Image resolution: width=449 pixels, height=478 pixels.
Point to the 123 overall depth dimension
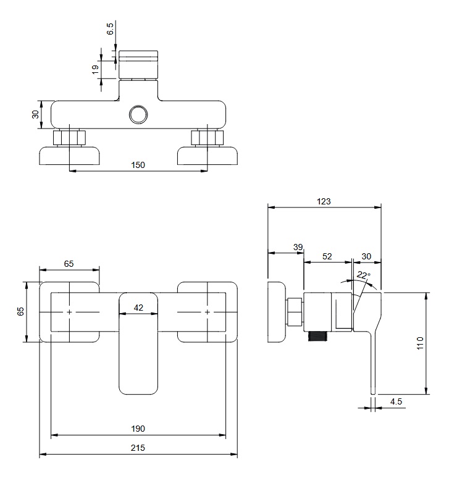pos(324,201)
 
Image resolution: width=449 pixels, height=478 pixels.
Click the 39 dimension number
pos(298,247)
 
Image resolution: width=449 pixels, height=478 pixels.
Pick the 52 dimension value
pos(327,256)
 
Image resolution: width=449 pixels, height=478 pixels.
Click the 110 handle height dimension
pos(421,343)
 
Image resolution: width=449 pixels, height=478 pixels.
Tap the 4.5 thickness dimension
pos(396,401)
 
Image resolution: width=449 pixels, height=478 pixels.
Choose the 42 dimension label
pos(138,307)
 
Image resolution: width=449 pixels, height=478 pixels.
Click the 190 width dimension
pos(138,428)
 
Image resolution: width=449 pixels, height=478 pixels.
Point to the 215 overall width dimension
pos(138,448)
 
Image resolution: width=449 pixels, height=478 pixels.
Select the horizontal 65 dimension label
pos(69,263)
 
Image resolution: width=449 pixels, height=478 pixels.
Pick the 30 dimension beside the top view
pos(35,114)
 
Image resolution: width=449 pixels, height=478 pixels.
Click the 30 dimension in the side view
pos(366,256)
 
